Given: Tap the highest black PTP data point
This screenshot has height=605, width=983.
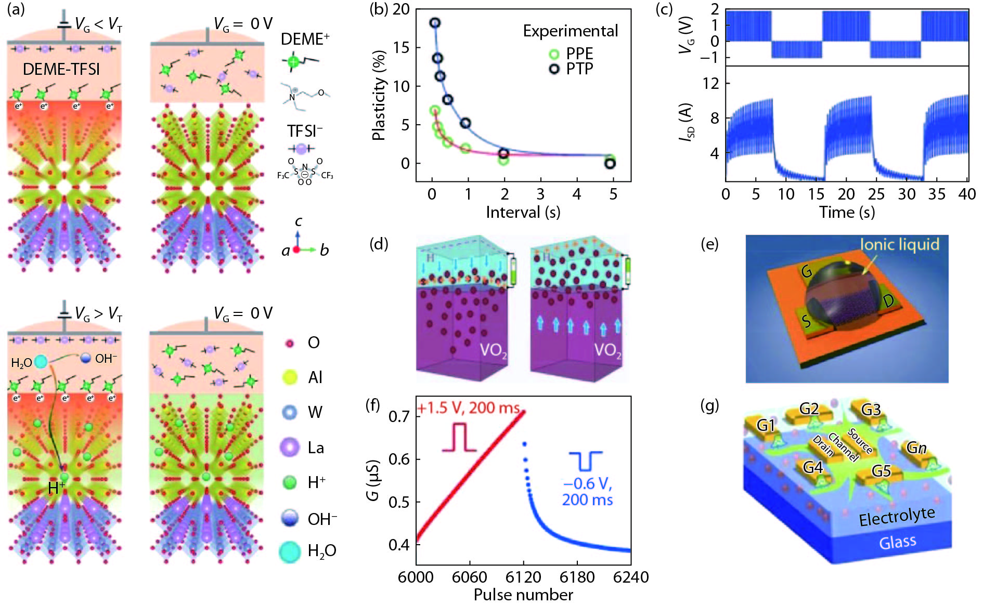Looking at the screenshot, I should pyautogui.click(x=435, y=23).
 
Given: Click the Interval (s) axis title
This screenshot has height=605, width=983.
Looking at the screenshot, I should pyautogui.click(x=523, y=212).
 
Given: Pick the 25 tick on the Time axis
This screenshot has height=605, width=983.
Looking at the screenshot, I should pyautogui.click(x=876, y=194).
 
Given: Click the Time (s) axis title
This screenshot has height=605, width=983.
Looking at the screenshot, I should pyautogui.click(x=847, y=212).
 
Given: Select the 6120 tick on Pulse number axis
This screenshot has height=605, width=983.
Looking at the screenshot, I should pyautogui.click(x=523, y=577).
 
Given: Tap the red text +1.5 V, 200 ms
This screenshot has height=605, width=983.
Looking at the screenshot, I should pyautogui.click(x=468, y=408).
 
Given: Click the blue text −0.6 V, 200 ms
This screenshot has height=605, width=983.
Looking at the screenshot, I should pyautogui.click(x=587, y=492).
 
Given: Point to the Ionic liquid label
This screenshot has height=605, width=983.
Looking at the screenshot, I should pyautogui.click(x=899, y=244).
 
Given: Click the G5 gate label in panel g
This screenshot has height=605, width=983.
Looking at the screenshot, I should pyautogui.click(x=881, y=471).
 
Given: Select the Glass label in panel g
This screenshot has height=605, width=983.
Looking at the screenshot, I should pyautogui.click(x=897, y=543).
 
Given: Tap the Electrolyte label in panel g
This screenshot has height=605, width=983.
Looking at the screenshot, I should pyautogui.click(x=897, y=517).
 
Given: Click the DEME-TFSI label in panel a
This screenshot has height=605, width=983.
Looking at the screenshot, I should pyautogui.click(x=61, y=69).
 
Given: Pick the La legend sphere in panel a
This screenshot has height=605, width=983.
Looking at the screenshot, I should pyautogui.click(x=290, y=448).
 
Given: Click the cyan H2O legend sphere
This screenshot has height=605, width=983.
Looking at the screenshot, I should pyautogui.click(x=290, y=551).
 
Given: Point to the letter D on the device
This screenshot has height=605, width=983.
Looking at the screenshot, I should pyautogui.click(x=888, y=301).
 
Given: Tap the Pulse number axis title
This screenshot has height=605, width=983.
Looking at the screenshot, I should pyautogui.click(x=523, y=595).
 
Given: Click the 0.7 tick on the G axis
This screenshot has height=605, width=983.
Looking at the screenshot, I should pyautogui.click(x=399, y=416).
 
